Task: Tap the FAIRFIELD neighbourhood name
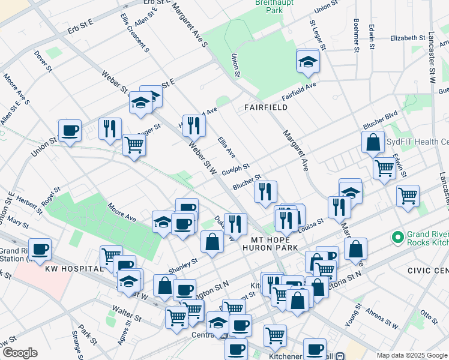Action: [265, 107]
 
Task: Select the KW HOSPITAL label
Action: [67, 269]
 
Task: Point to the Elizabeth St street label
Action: [408, 38]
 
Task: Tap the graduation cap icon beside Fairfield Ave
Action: [308, 62]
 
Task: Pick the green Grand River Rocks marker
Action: [397, 238]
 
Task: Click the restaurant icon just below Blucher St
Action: [265, 192]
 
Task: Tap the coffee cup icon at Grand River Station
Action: [40, 249]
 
